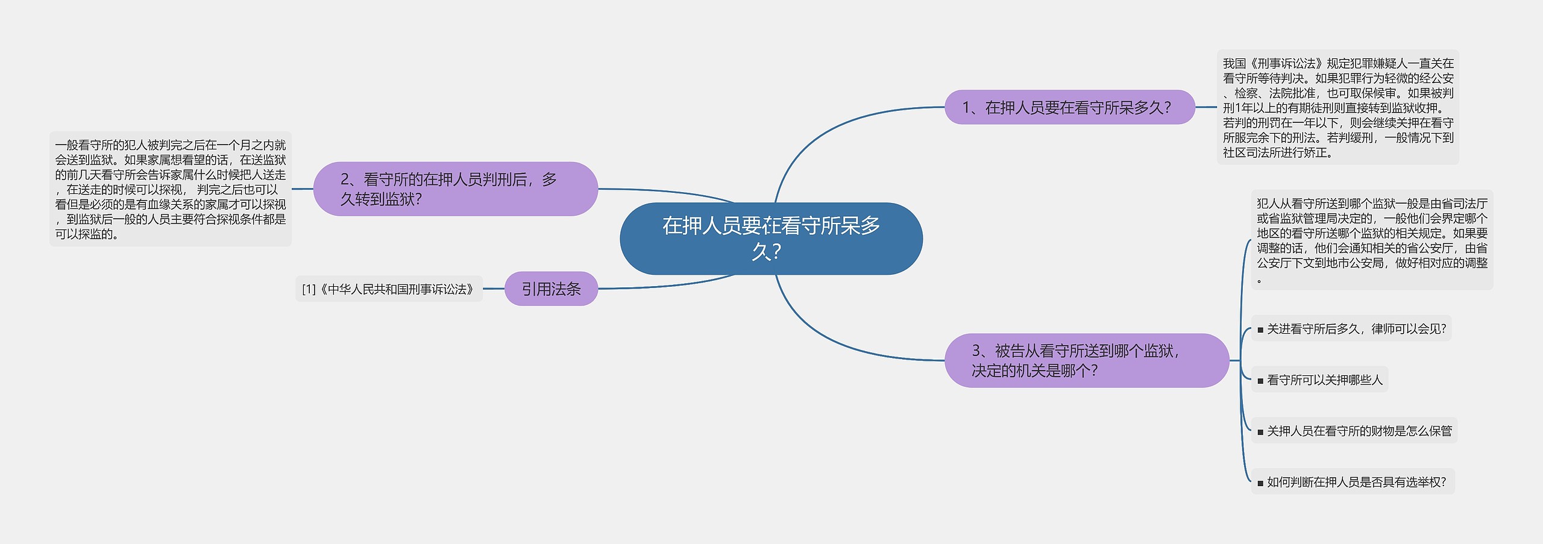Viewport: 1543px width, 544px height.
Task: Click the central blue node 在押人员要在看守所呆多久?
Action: coord(771,239)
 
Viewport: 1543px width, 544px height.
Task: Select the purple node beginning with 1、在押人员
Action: coord(1069,107)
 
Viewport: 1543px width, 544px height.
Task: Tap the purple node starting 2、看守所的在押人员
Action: coord(455,189)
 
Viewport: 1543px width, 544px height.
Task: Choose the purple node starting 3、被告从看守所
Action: coord(1086,360)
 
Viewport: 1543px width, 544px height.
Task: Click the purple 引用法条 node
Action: coord(551,289)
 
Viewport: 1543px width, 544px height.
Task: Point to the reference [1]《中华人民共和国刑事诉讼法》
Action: coord(389,289)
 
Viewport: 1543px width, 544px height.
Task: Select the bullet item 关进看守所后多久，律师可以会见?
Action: coord(1351,329)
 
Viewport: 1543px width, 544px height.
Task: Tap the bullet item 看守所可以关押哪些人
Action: coord(1319,380)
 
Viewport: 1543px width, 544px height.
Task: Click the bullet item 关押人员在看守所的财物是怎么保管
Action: coord(1354,431)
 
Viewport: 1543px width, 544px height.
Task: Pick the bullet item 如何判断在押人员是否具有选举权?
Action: coord(1353,482)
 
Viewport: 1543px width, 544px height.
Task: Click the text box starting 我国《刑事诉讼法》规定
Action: coord(1337,107)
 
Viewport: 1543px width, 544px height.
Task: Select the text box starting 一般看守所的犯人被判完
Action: coord(171,189)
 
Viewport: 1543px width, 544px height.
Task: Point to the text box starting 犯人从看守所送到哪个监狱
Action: coord(1372,240)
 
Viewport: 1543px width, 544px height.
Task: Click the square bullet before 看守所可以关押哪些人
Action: coord(1260,381)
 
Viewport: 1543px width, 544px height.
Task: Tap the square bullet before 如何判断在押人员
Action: coord(1260,483)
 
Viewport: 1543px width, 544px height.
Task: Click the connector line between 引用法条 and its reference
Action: coord(494,289)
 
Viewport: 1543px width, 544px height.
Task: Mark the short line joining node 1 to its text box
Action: coord(1205,107)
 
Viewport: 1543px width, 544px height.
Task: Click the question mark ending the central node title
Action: coord(776,251)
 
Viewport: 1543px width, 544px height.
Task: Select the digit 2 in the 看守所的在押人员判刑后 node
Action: coord(345,179)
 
